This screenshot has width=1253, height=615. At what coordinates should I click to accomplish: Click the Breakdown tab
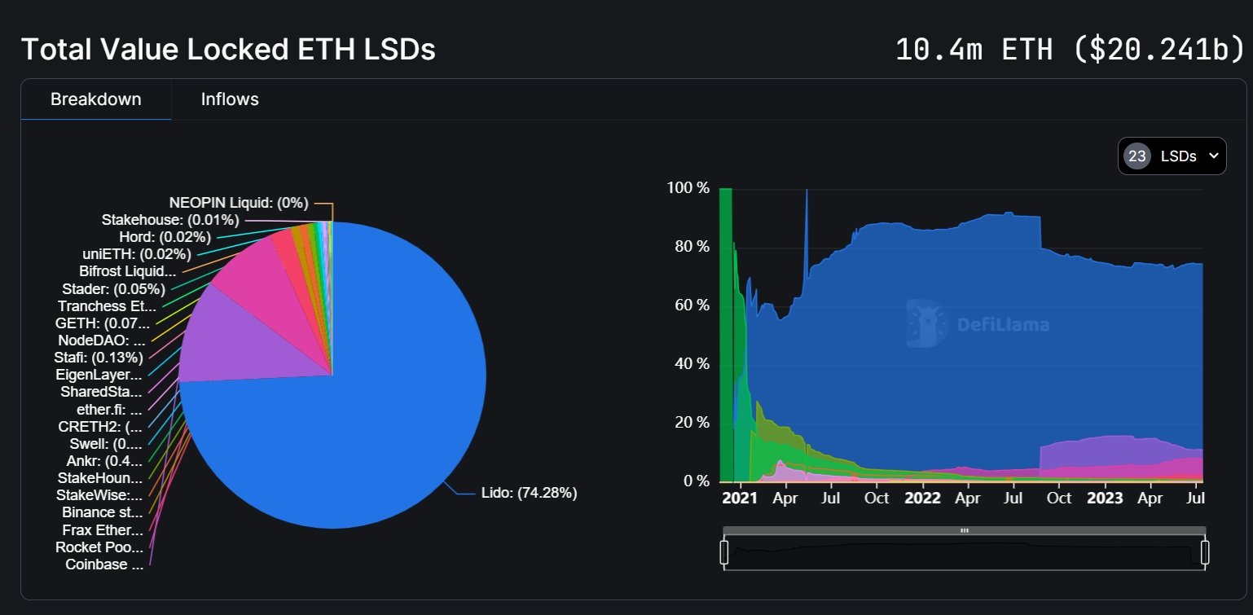click(x=96, y=99)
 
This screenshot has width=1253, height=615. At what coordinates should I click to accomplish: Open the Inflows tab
click(x=230, y=99)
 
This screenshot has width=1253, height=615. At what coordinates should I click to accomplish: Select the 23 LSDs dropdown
click(x=1172, y=156)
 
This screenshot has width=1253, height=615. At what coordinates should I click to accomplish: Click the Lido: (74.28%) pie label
click(x=530, y=493)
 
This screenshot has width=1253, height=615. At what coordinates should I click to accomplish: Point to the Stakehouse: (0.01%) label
click(x=170, y=219)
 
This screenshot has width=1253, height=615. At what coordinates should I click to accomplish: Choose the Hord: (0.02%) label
click(x=165, y=237)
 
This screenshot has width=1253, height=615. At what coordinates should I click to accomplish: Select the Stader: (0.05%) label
click(x=113, y=289)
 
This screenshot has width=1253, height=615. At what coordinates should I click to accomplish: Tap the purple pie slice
click(x=244, y=342)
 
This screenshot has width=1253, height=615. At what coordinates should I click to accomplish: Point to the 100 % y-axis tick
click(x=688, y=188)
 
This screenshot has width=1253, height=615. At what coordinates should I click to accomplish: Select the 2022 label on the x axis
click(x=922, y=498)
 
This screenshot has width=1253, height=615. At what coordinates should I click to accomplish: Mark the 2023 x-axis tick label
click(x=1105, y=498)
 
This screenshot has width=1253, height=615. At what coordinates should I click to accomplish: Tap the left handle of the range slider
click(x=723, y=552)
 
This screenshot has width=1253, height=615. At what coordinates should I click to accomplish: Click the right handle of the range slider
click(x=1205, y=552)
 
